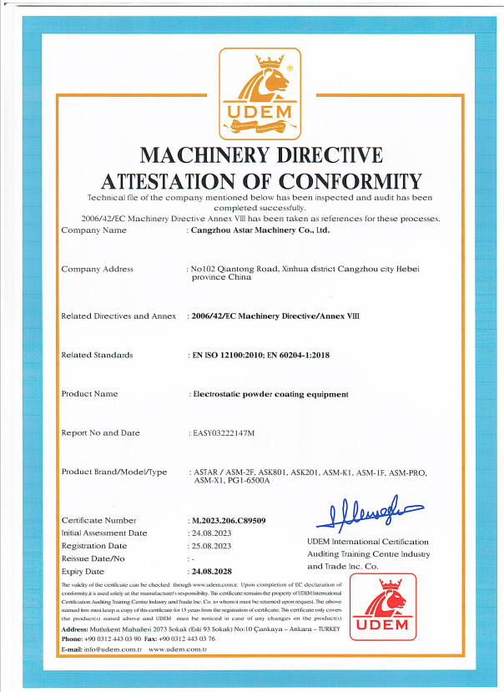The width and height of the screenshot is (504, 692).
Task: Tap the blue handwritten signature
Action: click(x=367, y=512)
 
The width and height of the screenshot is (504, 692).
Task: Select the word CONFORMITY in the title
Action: click(x=350, y=180)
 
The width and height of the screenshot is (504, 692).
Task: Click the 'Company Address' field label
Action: click(x=98, y=269)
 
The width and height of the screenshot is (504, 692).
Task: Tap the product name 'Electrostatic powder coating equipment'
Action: click(x=270, y=394)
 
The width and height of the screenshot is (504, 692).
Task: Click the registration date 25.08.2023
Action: click(x=212, y=545)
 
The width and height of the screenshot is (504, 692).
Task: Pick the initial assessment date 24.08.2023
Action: click(x=212, y=533)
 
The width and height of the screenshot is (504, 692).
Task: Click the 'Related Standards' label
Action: click(x=98, y=355)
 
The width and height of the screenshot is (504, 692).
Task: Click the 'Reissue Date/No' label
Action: click(x=93, y=558)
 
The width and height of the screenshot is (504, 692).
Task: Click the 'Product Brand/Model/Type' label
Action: click(x=114, y=472)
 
